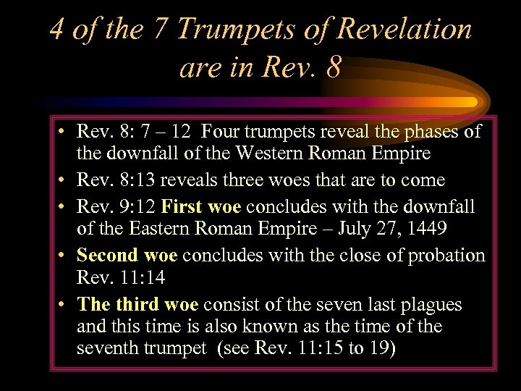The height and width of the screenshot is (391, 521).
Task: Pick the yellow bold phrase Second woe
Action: point(127,255)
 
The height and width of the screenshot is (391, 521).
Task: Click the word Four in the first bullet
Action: point(221,131)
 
